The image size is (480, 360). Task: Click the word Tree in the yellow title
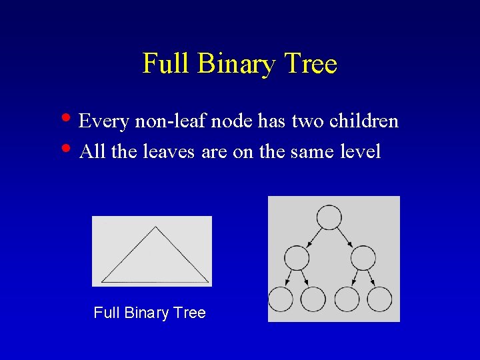click(x=311, y=64)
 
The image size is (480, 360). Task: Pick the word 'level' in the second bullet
click(x=360, y=152)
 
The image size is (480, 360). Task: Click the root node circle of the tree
click(x=329, y=217)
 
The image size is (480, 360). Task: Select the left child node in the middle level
click(x=297, y=257)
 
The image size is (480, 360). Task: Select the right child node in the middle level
click(x=363, y=257)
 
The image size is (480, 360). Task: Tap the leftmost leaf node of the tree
click(x=280, y=299)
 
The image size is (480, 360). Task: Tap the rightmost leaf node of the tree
click(x=379, y=299)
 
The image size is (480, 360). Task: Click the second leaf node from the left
click(x=313, y=299)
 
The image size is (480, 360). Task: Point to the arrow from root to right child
click(x=346, y=237)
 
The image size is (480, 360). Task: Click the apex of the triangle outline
click(x=155, y=227)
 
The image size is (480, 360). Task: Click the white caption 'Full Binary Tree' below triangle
click(x=149, y=313)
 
